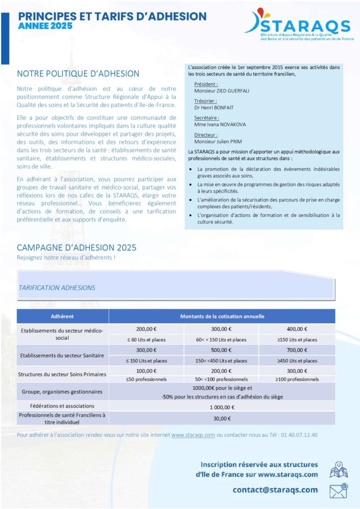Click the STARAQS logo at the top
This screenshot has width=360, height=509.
pos(299,25)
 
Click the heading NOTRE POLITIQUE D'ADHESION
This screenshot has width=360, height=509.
pos(78,74)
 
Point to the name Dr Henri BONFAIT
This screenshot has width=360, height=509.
pos(214,108)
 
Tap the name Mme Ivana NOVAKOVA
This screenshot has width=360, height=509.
pos(220,124)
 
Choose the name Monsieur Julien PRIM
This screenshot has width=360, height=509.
pos(217,142)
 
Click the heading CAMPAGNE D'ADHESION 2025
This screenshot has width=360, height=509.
pos(77,248)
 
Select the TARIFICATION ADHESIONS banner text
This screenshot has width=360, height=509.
pos(57,287)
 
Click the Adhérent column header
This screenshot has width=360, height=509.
pos(62,316)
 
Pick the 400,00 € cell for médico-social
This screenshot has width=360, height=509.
pos(297,329)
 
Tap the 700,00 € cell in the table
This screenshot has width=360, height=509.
pos(297,350)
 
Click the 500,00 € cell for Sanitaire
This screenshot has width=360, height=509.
pos(221,350)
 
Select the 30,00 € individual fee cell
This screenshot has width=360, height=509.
pos(221,418)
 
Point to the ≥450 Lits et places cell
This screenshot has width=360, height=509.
pos(297,361)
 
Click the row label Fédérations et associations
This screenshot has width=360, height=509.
pos(62,406)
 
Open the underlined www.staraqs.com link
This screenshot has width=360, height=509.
pos(193,435)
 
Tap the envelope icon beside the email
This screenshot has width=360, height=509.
pos(338,491)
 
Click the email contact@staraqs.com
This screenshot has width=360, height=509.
pos(275,490)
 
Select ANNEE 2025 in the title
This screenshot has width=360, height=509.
pos(45,26)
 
